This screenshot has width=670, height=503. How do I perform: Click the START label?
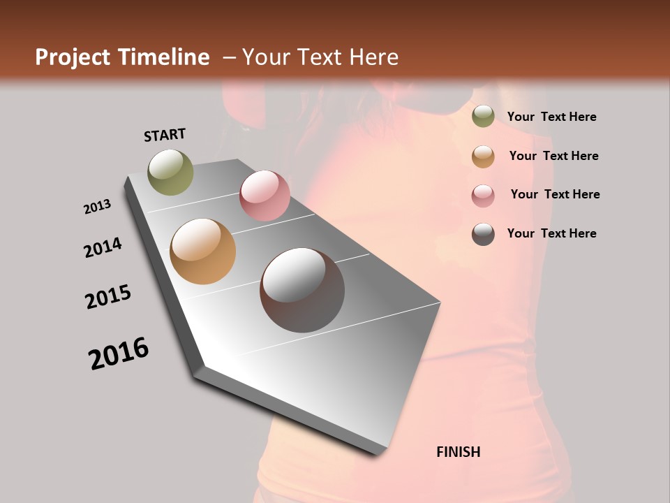point(165,134)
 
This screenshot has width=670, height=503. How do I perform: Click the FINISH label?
point(458,452)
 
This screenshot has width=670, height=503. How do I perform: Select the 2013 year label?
point(98,207)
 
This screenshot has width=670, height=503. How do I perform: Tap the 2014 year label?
point(103,247)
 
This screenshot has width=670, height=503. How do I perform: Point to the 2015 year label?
point(108,297)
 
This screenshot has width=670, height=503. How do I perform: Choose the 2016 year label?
point(119,353)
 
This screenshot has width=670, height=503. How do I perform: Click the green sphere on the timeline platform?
point(171,172)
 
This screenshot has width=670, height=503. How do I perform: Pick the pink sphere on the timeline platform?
point(265,196)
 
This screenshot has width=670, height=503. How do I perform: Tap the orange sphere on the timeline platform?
point(202,251)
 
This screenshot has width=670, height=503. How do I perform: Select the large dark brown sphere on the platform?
point(302,290)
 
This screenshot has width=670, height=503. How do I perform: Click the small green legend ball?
point(483,117)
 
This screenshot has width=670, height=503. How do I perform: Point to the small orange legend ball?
point(483,156)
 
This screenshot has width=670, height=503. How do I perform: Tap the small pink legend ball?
point(483,196)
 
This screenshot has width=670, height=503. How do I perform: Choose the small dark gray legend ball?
point(483,234)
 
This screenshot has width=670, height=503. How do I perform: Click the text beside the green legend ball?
point(551,117)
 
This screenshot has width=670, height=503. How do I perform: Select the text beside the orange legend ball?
point(553,156)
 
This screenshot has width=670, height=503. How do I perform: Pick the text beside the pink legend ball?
point(555,194)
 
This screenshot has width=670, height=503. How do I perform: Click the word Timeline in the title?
point(163,57)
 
